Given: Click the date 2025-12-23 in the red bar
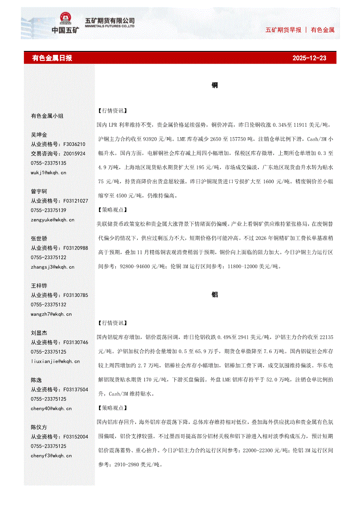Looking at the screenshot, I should click(x=309, y=58).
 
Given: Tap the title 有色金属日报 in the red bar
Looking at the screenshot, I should click(x=52, y=58).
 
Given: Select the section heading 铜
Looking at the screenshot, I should click(x=215, y=85).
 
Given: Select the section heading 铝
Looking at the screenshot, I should click(x=215, y=295).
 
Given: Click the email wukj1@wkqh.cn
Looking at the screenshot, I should click(x=48, y=172).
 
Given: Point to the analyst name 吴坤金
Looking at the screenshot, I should click(x=39, y=135).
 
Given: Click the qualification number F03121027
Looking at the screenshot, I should click(x=75, y=201).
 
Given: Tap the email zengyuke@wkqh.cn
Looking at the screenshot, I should click(x=52, y=220).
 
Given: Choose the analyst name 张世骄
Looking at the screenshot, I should click(x=39, y=239).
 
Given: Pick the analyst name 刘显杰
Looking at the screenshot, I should click(x=39, y=333).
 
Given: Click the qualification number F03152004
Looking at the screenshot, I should click(x=75, y=437).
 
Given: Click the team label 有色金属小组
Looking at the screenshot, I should click(x=47, y=116).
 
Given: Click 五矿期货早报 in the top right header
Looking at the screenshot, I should click(x=283, y=30).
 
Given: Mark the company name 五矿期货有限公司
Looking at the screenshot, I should click(x=109, y=20).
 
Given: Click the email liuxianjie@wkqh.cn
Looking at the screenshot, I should click(x=55, y=361).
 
